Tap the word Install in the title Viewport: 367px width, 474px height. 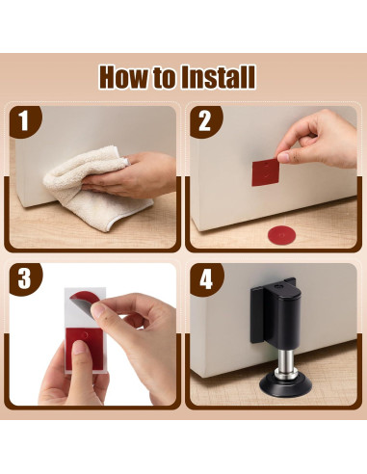(x=218, y=77)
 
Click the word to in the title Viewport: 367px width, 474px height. (x=165, y=79)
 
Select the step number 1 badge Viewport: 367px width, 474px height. (x=25, y=121)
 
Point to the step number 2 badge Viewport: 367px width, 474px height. (x=205, y=121)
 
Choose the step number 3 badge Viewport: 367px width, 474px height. (x=25, y=278)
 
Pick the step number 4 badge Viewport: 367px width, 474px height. (x=206, y=278)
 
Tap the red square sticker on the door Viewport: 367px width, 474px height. (x=265, y=172)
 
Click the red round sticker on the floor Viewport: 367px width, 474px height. (x=281, y=235)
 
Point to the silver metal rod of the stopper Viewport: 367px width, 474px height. (x=285, y=359)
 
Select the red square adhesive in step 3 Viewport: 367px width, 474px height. (x=85, y=349)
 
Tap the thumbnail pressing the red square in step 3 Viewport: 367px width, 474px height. (x=79, y=348)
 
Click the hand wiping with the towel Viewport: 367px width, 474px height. (x=135, y=175)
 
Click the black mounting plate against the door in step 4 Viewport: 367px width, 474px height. (x=259, y=315)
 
